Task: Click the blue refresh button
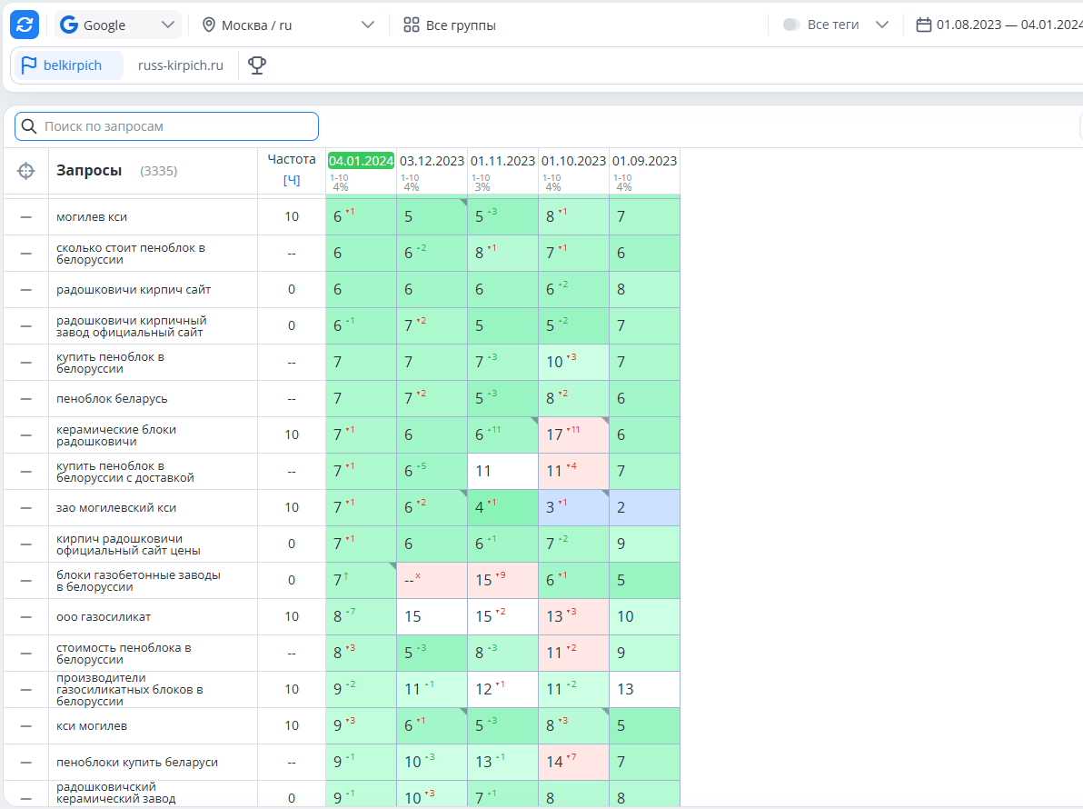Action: click(x=25, y=25)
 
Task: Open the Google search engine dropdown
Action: click(x=118, y=25)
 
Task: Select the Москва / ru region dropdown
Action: click(x=288, y=25)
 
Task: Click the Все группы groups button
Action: click(x=450, y=25)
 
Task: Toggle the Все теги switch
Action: click(x=791, y=25)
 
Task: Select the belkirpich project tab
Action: click(x=68, y=65)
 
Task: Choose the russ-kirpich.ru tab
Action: click(x=180, y=65)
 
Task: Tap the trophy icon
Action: click(x=257, y=65)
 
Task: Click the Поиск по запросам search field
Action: click(x=166, y=126)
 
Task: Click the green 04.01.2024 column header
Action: click(x=361, y=161)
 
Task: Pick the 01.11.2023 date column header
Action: click(x=502, y=161)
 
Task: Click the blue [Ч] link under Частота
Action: click(x=292, y=180)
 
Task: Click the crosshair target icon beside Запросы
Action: click(x=25, y=171)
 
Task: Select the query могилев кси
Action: click(x=92, y=217)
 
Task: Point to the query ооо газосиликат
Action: click(x=104, y=617)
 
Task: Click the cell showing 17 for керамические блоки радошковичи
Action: click(x=573, y=434)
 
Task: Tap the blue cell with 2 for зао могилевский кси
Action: click(x=644, y=508)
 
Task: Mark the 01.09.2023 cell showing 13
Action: click(x=644, y=690)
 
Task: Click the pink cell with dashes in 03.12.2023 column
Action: click(x=432, y=580)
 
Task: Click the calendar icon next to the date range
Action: click(x=923, y=25)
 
